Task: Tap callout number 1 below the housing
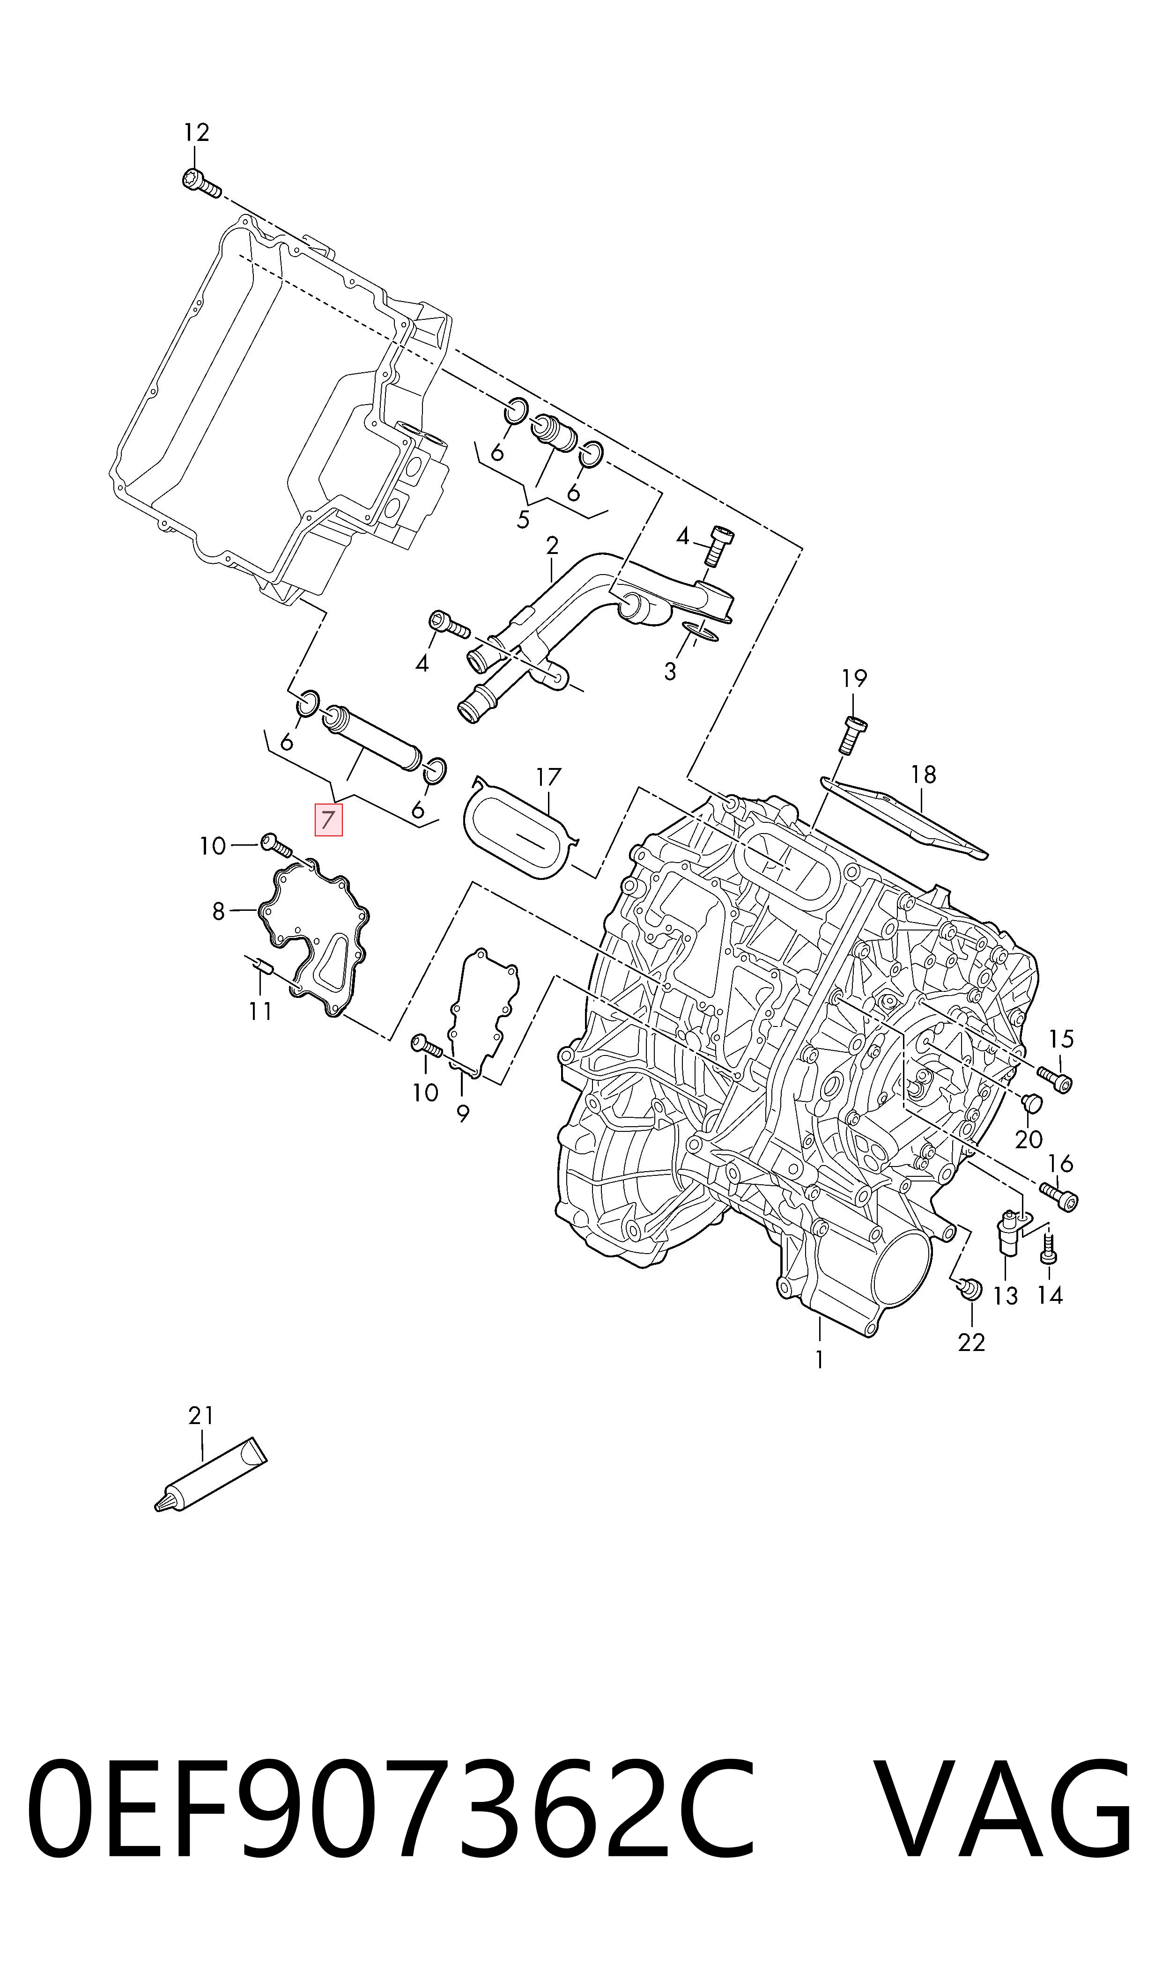tap(819, 1360)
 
